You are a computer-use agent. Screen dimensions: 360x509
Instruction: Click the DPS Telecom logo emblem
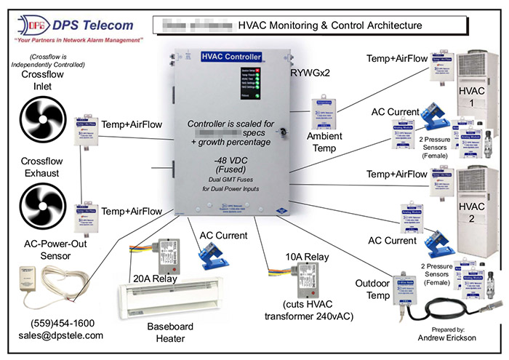pos(25,26)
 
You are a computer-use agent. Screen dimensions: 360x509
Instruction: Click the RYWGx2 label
pos(311,72)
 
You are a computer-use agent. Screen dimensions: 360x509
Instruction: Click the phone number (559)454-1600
pos(61,323)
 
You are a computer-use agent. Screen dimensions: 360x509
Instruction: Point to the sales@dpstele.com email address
pos(61,335)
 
